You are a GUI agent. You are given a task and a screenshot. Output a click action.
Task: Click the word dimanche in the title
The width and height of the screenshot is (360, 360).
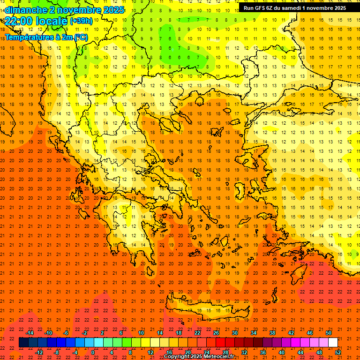click(26, 9)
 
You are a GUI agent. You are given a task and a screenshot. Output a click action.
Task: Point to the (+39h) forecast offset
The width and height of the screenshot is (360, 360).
click(81, 21)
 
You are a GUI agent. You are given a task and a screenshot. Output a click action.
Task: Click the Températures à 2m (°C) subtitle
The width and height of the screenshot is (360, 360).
click(46, 37)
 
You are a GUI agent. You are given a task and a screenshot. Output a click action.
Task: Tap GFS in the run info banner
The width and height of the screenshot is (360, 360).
click(261, 8)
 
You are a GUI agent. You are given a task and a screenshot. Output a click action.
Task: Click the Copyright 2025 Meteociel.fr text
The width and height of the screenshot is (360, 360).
click(205, 357)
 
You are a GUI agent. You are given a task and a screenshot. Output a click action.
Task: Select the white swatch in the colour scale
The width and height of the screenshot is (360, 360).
click(333, 343)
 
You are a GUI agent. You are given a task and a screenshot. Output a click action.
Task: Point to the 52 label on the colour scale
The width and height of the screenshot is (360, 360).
click(338, 352)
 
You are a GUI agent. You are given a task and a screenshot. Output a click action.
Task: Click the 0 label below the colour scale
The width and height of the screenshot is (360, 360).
click(93, 352)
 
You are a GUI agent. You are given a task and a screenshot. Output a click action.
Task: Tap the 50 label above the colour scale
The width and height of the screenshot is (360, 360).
click(328, 333)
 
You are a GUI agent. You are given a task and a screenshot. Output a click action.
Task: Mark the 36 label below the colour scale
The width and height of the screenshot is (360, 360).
click(263, 352)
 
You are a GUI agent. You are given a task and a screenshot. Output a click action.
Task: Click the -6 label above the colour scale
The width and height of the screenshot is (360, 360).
click(66, 333)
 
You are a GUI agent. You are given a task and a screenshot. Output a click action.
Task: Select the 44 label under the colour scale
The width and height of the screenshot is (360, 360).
click(300, 352)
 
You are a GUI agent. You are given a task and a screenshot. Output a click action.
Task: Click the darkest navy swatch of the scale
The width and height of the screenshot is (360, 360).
click(23, 343)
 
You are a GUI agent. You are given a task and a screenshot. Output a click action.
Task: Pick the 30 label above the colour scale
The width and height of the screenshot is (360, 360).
click(234, 333)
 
